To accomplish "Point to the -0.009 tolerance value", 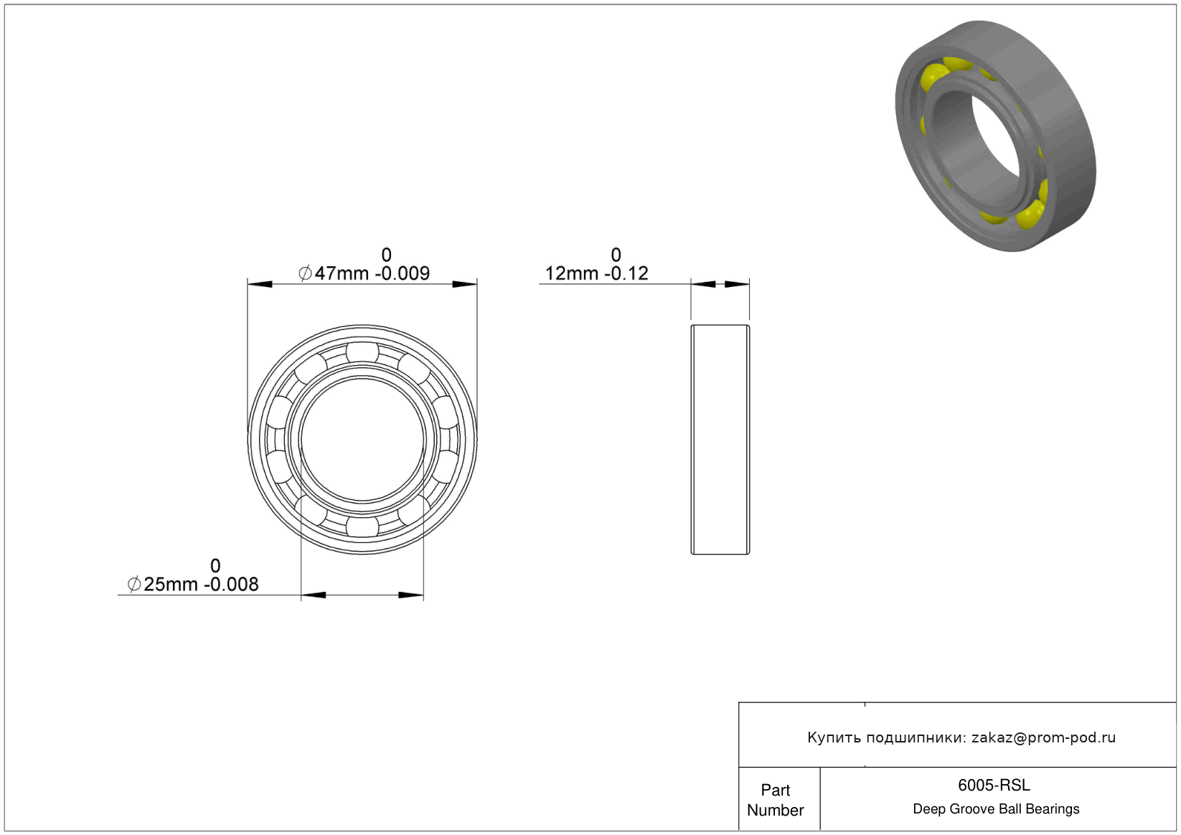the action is (403, 273).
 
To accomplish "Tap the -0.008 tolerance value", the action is (232, 584).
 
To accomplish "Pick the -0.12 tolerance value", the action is (626, 273).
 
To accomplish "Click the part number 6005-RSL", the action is (994, 785).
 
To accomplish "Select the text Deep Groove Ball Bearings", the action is (996, 808).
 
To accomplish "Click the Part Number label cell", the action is (775, 800).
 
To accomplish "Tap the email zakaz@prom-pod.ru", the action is (1043, 737).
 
